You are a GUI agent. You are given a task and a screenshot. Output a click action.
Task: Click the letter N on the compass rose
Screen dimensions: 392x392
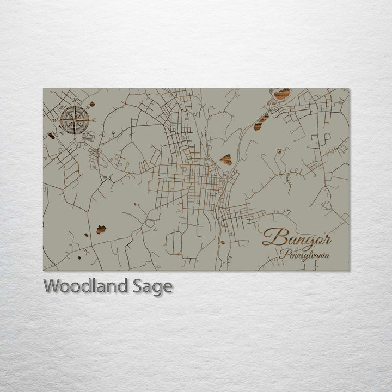coord(74,100)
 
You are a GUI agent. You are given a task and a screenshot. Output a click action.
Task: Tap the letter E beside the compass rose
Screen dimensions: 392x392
coord(94,120)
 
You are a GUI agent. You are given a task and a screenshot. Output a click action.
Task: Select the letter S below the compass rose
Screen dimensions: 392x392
coord(75,139)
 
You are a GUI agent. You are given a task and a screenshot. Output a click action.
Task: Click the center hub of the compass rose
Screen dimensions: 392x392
coord(75,120)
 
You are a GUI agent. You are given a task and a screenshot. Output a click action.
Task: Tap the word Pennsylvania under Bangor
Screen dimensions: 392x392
coord(304,254)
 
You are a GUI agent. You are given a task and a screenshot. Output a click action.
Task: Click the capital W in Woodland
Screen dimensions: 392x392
coord(52,286)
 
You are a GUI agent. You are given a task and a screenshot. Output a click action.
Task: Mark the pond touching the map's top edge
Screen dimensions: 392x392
coord(281,94)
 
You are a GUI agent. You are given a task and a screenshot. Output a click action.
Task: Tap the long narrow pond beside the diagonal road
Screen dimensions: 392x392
coord(261,122)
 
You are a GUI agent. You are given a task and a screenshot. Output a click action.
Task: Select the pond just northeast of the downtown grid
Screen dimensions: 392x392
coord(226,160)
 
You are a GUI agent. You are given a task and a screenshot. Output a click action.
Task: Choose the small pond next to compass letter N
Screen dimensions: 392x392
coord(92,103)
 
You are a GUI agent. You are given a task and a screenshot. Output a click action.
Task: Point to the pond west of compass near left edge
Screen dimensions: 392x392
coord(51,135)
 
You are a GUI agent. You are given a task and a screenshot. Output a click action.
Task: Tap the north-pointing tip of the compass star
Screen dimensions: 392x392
coord(75,106)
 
